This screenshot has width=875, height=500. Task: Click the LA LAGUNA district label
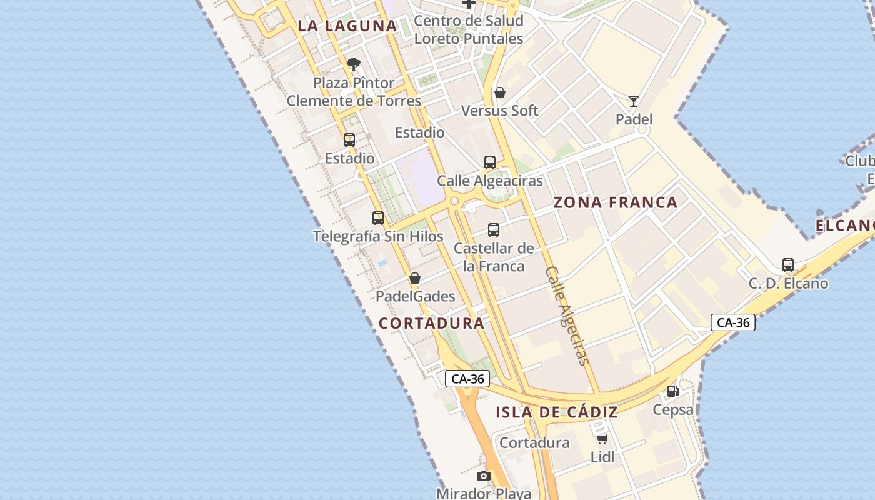coord(347,26)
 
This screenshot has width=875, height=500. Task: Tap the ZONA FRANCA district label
coord(616,202)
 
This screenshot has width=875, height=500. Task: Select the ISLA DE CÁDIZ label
coord(557,412)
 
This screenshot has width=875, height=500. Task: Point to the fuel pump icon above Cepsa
coord(673,391)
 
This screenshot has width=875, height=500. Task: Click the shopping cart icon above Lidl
coord(602,439)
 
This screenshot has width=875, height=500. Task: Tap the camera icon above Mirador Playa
coord(484,476)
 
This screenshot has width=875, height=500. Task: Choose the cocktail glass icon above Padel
coord(634,101)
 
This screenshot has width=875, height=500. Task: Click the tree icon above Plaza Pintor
coord(354,64)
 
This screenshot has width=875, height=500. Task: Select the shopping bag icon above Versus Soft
coord(500,92)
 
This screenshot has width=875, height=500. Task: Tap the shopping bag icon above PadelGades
coord(415,278)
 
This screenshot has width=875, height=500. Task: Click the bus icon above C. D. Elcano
coord(788,265)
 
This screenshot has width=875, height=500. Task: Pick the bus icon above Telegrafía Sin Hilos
coord(378,218)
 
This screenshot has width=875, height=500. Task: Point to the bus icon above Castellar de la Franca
coord(494,230)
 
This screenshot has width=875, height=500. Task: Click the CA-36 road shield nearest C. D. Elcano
coord(733,322)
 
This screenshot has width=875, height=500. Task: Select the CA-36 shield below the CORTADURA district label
coord(467,379)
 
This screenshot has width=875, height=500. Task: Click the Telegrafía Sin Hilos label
coord(378,236)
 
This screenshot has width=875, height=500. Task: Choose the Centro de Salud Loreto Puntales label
coord(469,29)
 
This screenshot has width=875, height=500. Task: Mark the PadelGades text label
coord(416,296)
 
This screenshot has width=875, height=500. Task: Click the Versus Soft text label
coord(500,111)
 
